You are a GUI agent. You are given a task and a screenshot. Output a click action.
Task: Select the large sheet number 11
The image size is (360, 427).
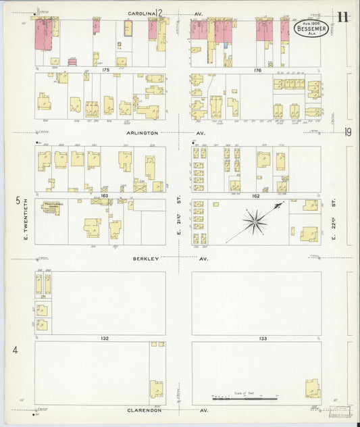(342, 17)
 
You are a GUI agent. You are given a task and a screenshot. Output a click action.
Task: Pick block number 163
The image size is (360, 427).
(104, 195)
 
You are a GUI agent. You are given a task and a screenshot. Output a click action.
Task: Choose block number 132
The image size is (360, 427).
(104, 337)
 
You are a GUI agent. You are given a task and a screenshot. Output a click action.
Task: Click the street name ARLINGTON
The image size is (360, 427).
(142, 133)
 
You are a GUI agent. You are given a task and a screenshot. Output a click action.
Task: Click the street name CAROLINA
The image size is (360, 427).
(140, 12)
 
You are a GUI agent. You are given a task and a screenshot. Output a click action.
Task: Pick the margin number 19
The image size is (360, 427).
(347, 132)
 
